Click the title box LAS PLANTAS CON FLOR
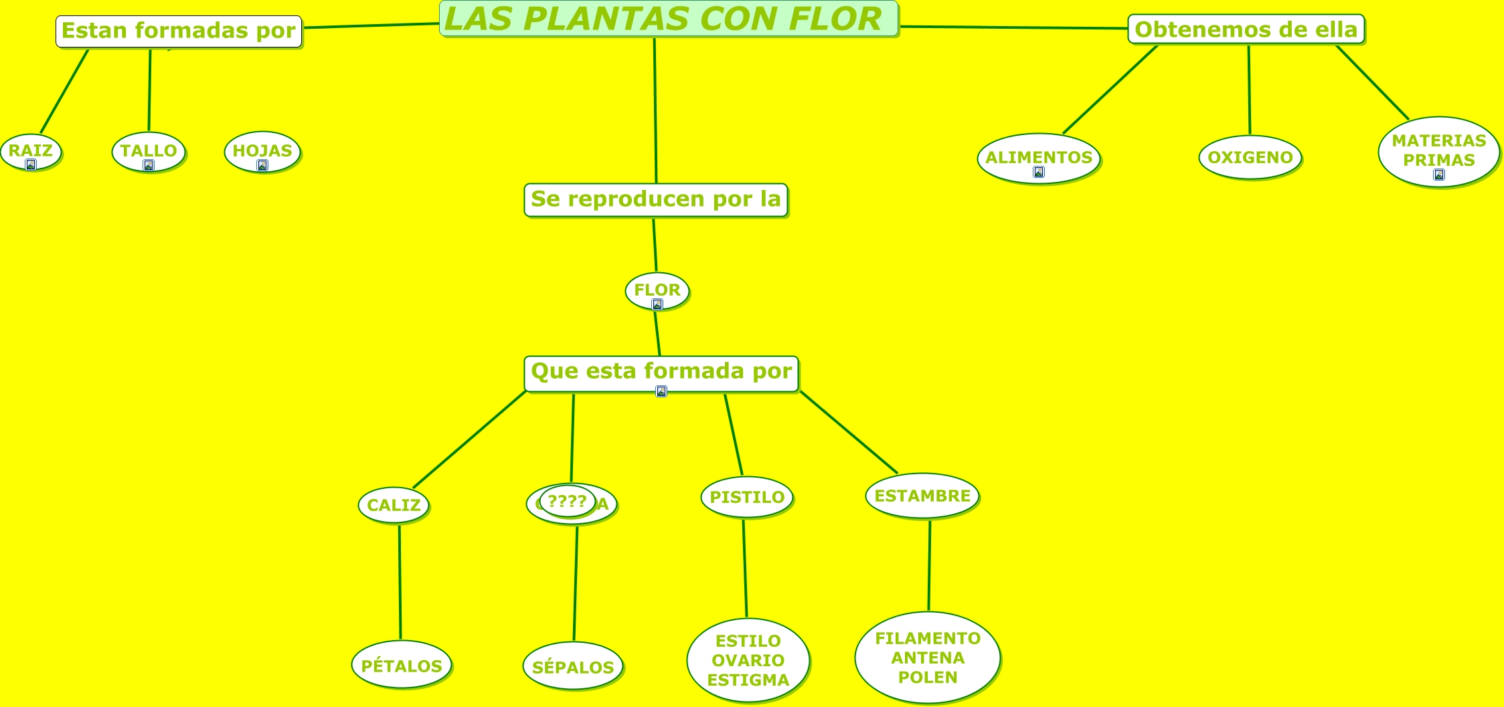669,19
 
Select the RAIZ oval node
31,151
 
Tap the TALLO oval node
149,151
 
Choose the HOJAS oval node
262,151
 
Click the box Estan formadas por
179,31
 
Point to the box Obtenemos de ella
1246,29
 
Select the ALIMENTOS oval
1038,158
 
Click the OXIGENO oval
1250,158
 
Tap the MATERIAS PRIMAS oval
1438,151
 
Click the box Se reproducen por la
655,199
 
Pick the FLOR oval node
657,290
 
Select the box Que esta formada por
661,372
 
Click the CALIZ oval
394,505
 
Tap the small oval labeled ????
567,501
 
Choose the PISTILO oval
746,497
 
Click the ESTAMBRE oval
922,496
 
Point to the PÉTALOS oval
401,666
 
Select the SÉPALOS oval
572,667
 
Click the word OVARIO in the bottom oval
748,661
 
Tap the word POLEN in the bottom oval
927,678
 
